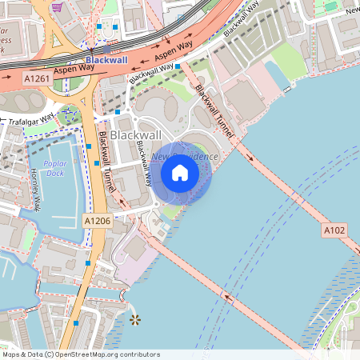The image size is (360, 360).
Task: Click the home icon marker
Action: click(180, 172)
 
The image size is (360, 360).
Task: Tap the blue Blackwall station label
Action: click(106, 60)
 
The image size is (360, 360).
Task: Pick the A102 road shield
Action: click(334, 230)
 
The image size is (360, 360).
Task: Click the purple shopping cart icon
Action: click(57, 6)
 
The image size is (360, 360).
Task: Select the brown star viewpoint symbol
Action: click(134, 320)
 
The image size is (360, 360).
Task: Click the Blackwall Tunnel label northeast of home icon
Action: click(215, 113)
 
